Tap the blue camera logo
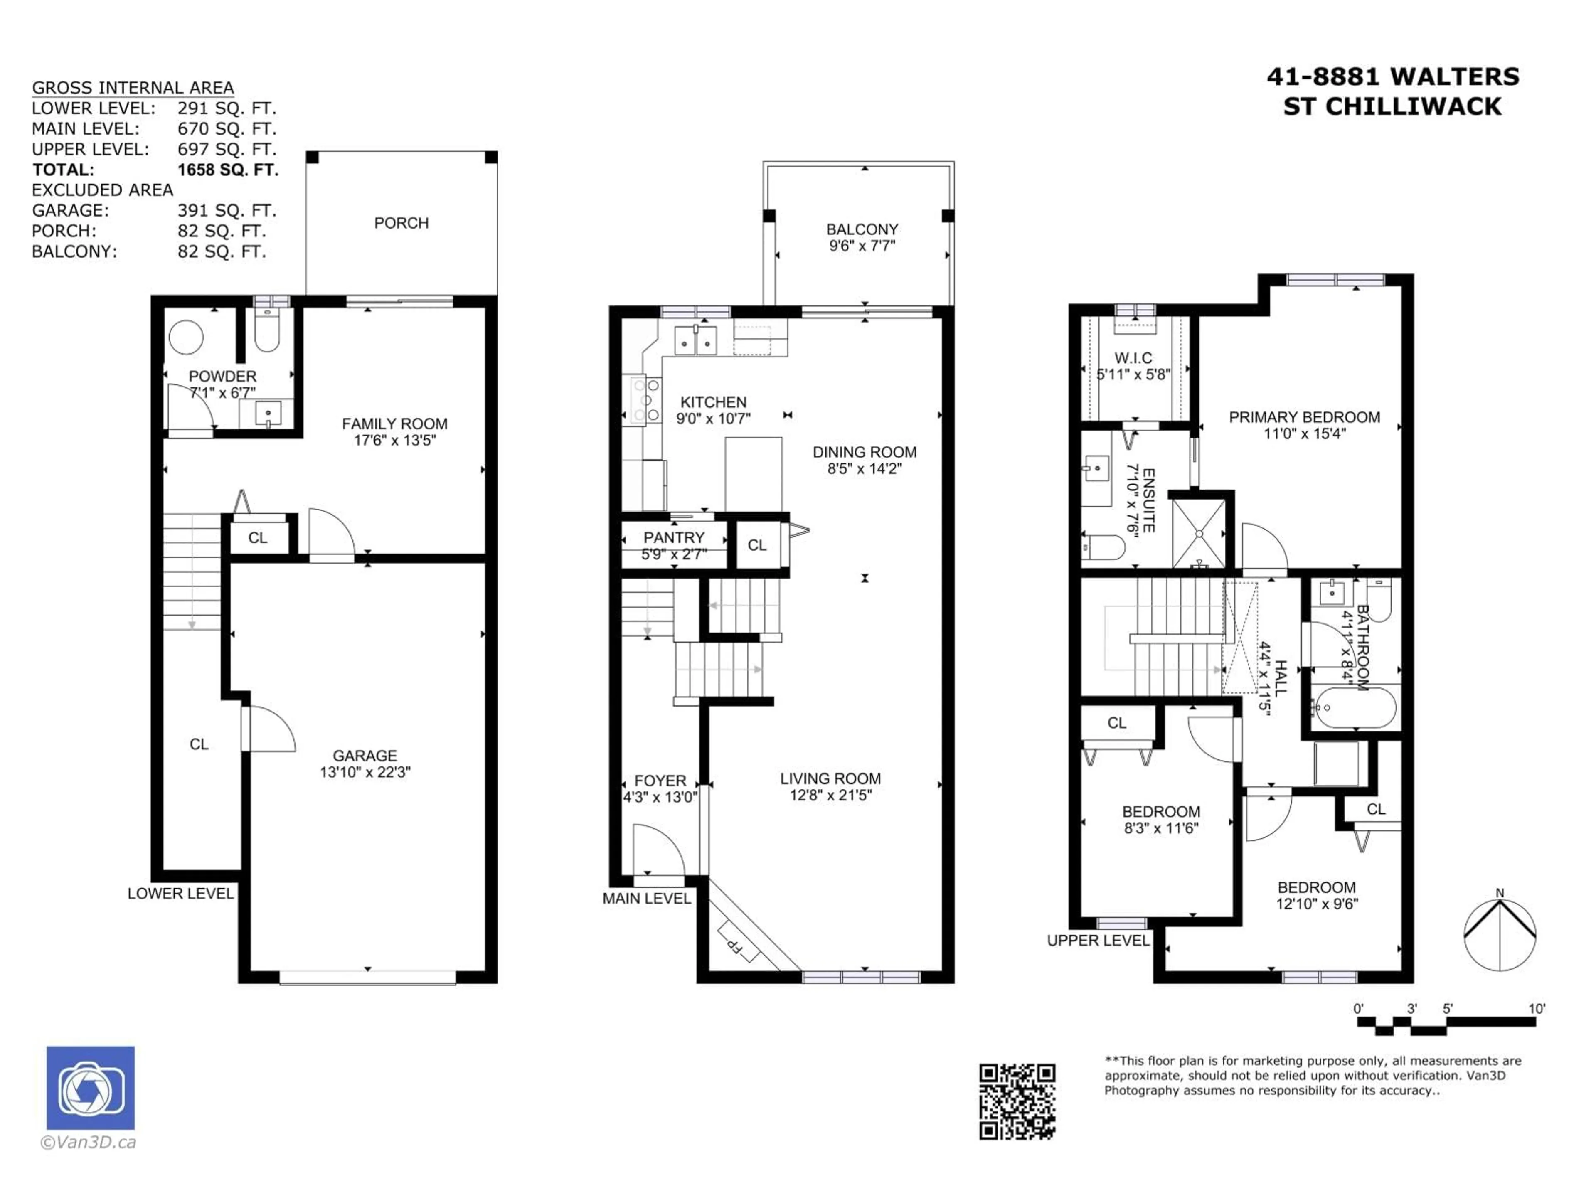pyautogui.click(x=90, y=1087)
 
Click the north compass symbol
pyautogui.click(x=1499, y=934)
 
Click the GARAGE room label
pyautogui.click(x=365, y=756)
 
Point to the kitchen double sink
pyautogui.click(x=695, y=340)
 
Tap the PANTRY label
pyautogui.click(x=673, y=537)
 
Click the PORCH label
pyautogui.click(x=401, y=223)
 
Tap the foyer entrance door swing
pyautogui.click(x=657, y=851)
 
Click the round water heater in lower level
pyautogui.click(x=186, y=337)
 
